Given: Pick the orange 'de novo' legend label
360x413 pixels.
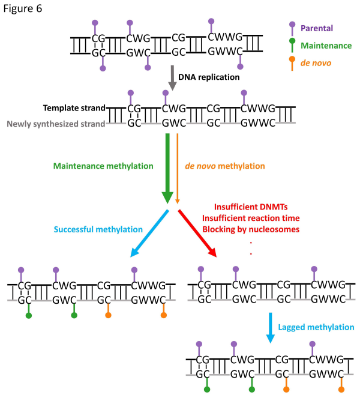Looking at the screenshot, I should [x=316, y=62].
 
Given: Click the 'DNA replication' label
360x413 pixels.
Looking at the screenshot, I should [x=209, y=77].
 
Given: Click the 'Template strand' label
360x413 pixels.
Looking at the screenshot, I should [x=74, y=109].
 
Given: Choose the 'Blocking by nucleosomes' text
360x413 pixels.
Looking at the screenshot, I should [x=250, y=229].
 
